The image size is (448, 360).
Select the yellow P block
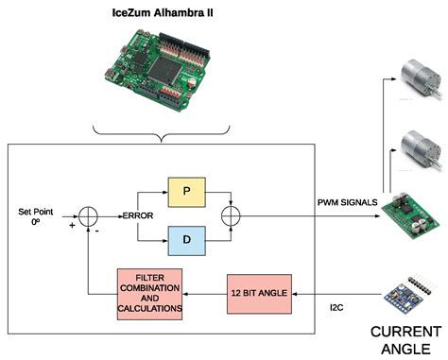click(x=185, y=191)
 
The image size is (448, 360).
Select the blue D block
click(x=185, y=241)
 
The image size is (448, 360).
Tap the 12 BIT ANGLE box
click(x=259, y=294)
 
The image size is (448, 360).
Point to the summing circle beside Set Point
click(x=87, y=216)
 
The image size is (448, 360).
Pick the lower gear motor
click(x=417, y=146)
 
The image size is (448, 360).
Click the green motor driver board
click(x=407, y=214)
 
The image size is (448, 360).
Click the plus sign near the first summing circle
click(x=71, y=227)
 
